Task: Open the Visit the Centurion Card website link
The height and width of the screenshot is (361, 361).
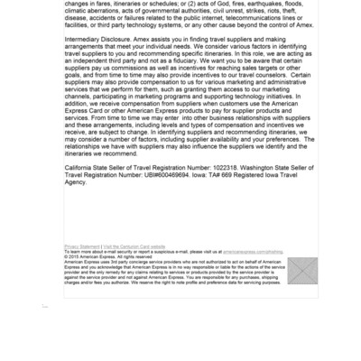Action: [134, 245]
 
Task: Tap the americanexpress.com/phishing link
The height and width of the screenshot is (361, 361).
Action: [253, 252]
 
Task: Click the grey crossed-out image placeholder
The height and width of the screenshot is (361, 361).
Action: [302, 271]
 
